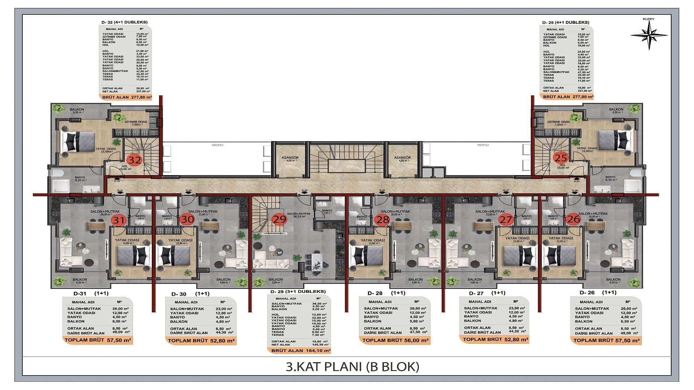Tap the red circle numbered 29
pyautogui.click(x=279, y=219)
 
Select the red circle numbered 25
pyautogui.click(x=561, y=157)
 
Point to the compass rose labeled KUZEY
pyautogui.click(x=649, y=35)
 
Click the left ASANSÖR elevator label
pyautogui.click(x=290, y=158)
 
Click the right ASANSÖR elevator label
pyautogui.click(x=402, y=158)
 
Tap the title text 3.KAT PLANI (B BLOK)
pyautogui.click(x=352, y=367)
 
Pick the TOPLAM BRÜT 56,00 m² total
pyautogui.click(x=395, y=340)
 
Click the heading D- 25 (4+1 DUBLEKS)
pyautogui.click(x=566, y=22)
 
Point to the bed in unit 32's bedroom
pyautogui.click(x=78, y=142)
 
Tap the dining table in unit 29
pyautogui.click(x=317, y=260)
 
